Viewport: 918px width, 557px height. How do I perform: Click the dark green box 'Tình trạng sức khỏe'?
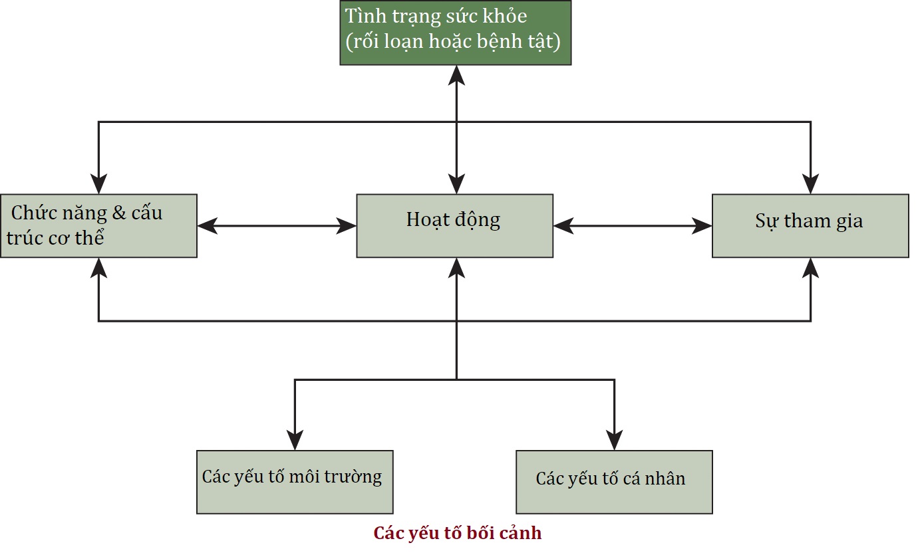(x=456, y=33)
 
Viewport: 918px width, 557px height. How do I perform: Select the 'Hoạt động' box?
(x=454, y=225)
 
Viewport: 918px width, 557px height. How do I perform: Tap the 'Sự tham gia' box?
(x=810, y=225)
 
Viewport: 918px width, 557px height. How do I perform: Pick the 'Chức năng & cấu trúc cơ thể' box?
(x=98, y=225)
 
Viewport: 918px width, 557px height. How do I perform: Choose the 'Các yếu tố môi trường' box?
(x=295, y=482)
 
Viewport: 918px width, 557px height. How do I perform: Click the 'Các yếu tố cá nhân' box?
(x=614, y=482)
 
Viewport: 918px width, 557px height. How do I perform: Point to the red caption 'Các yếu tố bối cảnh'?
(x=458, y=533)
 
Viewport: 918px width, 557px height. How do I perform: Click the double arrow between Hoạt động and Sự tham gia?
(x=632, y=226)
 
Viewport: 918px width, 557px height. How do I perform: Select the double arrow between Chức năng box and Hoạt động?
(x=277, y=226)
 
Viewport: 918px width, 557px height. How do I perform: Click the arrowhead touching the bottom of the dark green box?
(x=456, y=74)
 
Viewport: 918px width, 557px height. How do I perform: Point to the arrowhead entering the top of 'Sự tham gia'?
(x=810, y=184)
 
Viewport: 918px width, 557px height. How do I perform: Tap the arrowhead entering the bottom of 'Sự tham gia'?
(x=810, y=267)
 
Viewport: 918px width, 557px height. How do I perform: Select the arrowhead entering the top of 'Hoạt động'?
(x=456, y=184)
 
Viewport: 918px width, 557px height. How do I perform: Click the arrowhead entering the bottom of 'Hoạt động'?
(x=456, y=267)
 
